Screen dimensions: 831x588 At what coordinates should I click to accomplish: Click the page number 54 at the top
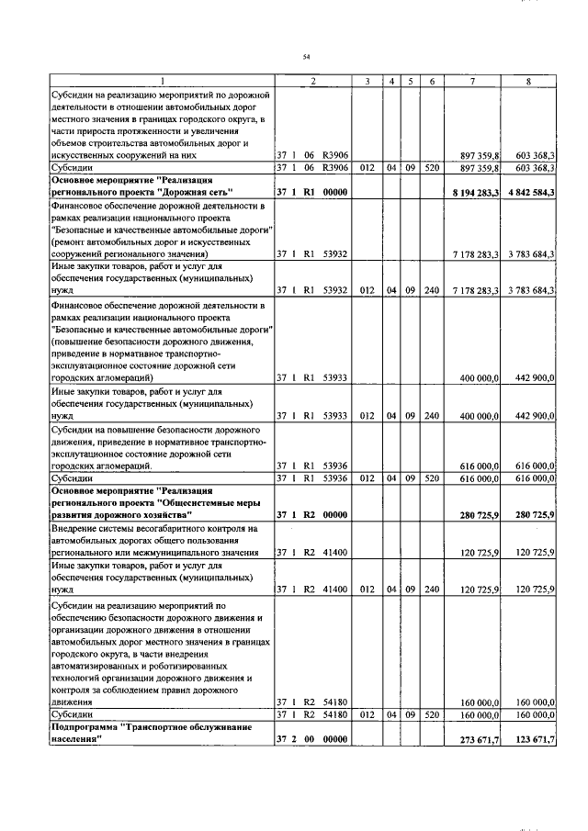(306, 57)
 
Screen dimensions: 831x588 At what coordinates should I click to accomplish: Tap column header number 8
(528, 82)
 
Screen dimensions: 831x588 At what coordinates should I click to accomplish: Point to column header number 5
(411, 82)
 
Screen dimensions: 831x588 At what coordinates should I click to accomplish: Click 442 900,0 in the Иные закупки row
(530, 416)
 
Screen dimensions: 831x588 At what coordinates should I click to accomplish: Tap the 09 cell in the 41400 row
(411, 590)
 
